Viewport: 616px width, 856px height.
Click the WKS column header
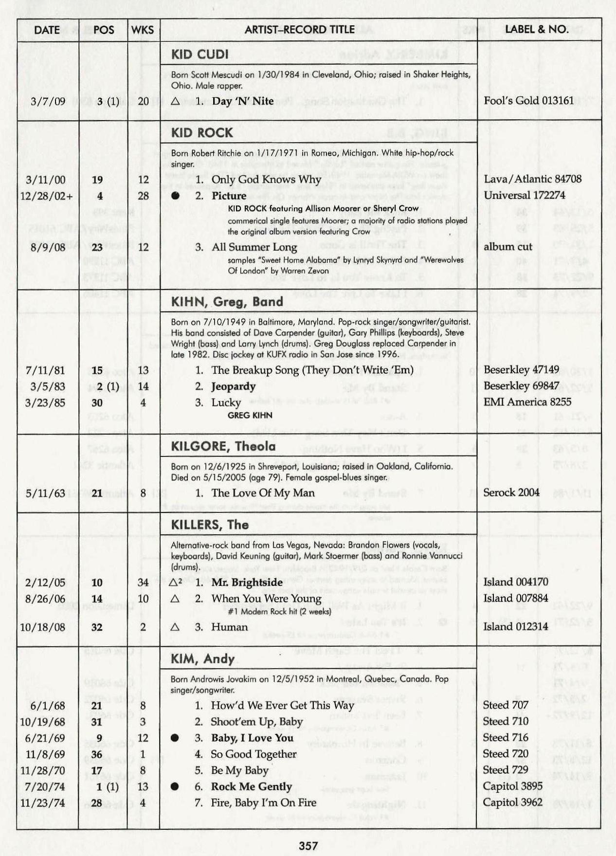pos(143,30)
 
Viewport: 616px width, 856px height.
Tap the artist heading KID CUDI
pos(199,55)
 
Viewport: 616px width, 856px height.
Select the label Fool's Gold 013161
pos(528,101)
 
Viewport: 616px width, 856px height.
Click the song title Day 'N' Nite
pos(242,101)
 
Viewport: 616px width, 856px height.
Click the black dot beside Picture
pos(175,196)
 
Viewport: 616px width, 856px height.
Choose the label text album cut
pos(507,247)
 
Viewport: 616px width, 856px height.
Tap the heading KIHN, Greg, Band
pos(227,302)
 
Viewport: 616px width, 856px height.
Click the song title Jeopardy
pos(233,386)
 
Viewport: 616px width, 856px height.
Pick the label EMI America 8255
pos(527,402)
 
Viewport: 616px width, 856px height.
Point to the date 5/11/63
pos(45,493)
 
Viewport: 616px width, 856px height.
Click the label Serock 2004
pos(511,492)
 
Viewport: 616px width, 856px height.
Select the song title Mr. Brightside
pos(247,583)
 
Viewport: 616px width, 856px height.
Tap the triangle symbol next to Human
pos(175,627)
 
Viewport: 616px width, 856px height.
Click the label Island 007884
pos(515,598)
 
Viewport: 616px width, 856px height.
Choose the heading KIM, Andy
pos(202,659)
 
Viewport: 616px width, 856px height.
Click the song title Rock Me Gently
pos(251,787)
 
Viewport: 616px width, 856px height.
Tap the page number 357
pos(308,846)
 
